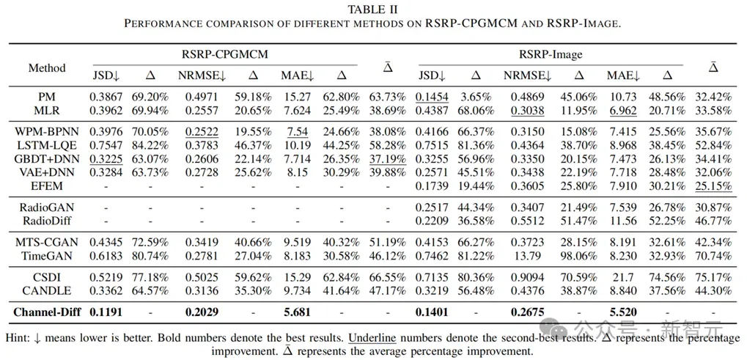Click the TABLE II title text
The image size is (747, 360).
373,9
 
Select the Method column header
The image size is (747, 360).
47,67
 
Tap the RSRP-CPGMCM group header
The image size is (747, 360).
225,54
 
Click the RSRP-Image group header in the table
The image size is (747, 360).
551,54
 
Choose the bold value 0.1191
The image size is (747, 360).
106,312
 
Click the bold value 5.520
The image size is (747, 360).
622,312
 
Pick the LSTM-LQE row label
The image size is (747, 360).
47,144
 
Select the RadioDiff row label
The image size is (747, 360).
47,221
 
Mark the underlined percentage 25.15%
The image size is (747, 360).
713,185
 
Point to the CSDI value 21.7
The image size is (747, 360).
622,276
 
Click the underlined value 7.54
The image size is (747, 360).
296,131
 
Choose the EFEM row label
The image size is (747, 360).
47,185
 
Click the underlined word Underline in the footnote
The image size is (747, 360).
372,338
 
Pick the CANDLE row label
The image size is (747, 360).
47,290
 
